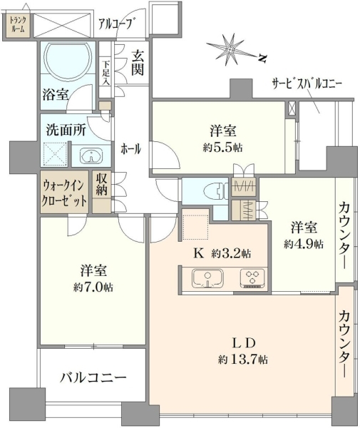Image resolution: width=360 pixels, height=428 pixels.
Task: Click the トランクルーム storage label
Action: click(18, 24)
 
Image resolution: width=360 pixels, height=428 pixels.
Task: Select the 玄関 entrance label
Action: click(137, 63)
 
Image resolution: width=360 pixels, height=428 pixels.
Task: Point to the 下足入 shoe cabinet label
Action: click(106, 72)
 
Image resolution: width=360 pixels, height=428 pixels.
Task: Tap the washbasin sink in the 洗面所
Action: click(91, 156)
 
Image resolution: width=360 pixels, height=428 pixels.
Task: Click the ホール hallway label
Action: click(131, 149)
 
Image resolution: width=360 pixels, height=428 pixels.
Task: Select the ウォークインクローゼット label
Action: click(64, 193)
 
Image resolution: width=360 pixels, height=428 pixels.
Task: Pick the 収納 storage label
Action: click(101, 184)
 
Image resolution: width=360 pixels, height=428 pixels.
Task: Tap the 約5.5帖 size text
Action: click(222, 148)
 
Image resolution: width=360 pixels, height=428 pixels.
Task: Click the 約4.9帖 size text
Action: click(304, 243)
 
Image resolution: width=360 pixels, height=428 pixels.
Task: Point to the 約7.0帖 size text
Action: click(93, 287)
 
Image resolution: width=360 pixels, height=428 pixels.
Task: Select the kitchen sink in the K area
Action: click(208, 278)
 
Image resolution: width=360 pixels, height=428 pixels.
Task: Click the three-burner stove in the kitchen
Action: click(252, 278)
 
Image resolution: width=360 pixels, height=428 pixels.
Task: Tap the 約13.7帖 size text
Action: click(242, 360)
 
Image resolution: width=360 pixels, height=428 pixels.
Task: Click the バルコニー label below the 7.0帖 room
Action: click(93, 378)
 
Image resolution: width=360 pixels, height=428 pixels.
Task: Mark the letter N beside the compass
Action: click(262, 58)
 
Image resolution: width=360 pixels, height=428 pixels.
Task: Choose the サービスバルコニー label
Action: click(307, 84)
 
